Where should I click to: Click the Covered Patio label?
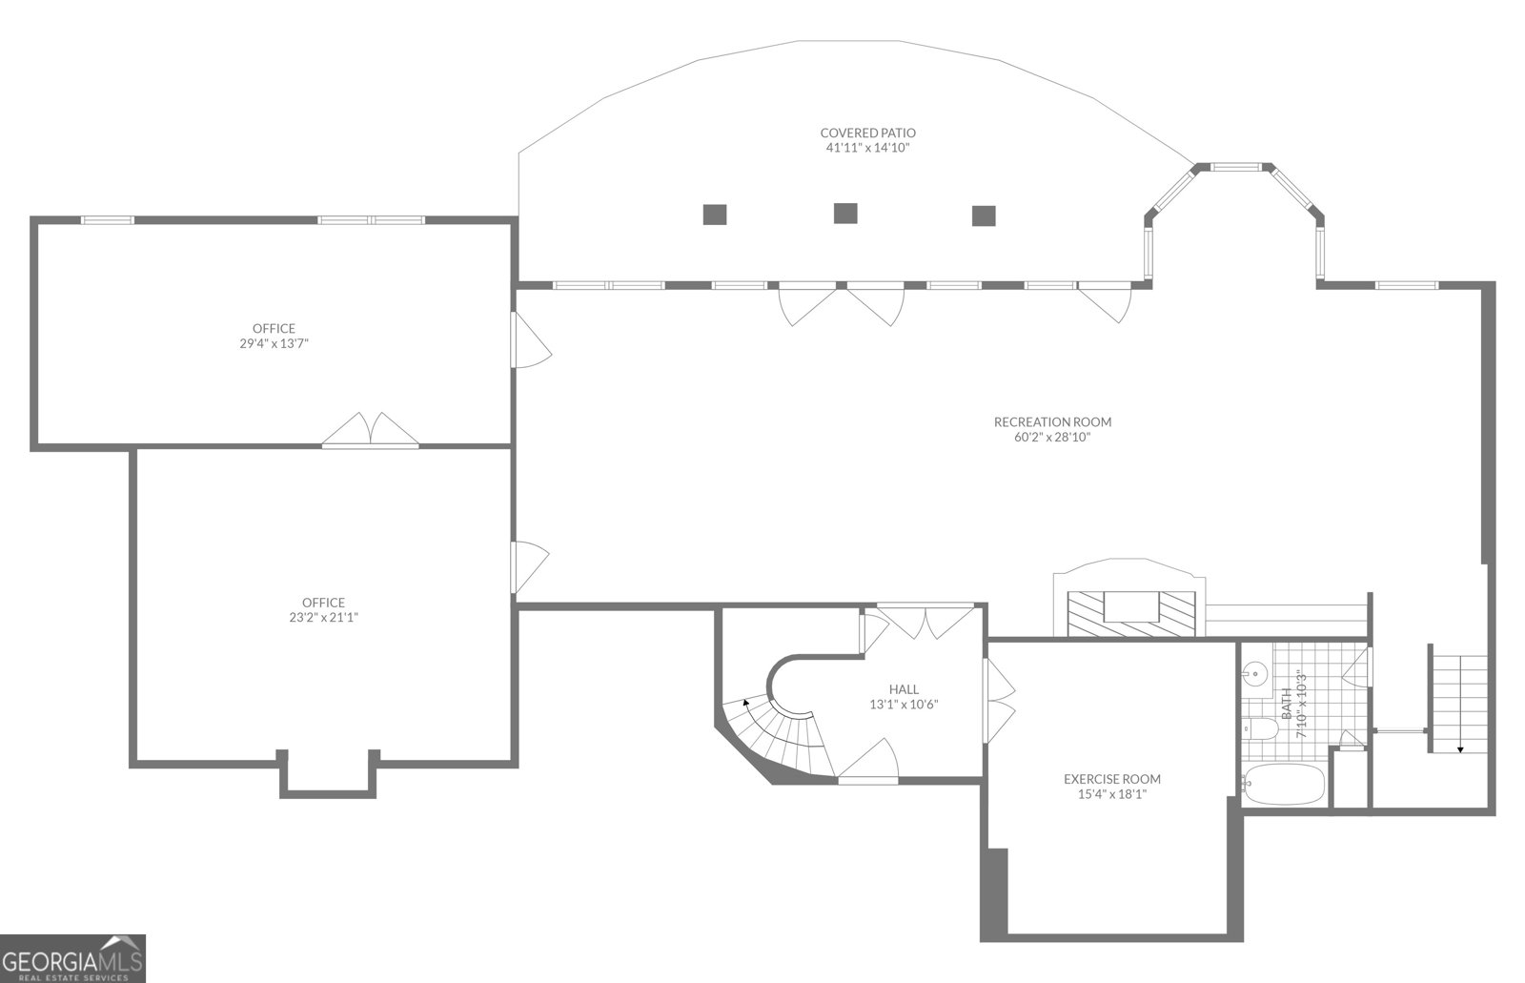tap(867, 133)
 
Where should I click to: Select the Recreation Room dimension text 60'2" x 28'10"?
tap(1051, 438)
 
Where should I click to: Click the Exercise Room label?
tap(1111, 779)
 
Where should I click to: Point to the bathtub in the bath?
tap(1284, 784)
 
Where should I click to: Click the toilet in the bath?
tap(1260, 730)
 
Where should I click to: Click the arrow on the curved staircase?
tap(744, 703)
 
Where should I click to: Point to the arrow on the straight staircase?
tap(1459, 748)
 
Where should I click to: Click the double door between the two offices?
tap(371, 431)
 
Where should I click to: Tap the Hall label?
tap(904, 689)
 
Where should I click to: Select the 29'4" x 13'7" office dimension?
tap(274, 343)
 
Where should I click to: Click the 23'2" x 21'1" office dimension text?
tap(323, 617)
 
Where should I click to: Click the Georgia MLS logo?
tap(72, 957)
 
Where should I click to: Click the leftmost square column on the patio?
tap(715, 215)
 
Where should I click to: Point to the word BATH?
tap(1287, 704)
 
